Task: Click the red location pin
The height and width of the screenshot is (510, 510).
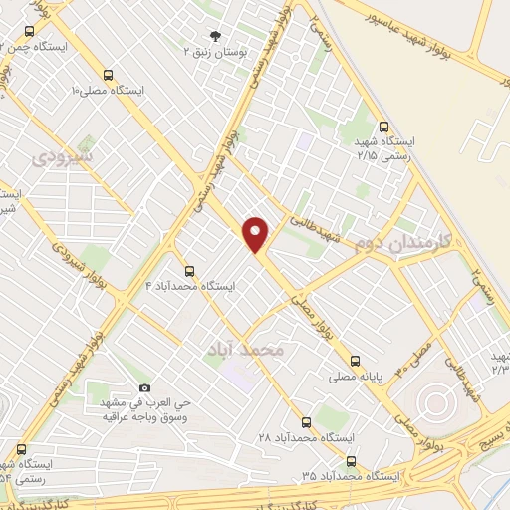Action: point(257,234)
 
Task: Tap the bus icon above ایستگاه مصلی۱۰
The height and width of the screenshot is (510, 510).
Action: point(108,75)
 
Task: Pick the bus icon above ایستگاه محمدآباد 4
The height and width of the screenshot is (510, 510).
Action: point(189,270)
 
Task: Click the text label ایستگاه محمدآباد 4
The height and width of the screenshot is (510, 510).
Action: point(190,286)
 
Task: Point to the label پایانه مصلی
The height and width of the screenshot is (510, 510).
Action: point(357,379)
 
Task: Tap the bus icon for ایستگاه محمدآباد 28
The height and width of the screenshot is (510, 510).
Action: point(306,422)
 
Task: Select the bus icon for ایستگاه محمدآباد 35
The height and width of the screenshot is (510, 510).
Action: point(351,461)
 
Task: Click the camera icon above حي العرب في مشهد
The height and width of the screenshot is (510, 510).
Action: point(145,387)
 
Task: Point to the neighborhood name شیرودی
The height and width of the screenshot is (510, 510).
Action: point(62,156)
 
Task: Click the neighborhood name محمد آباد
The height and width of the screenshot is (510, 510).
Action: point(244,350)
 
